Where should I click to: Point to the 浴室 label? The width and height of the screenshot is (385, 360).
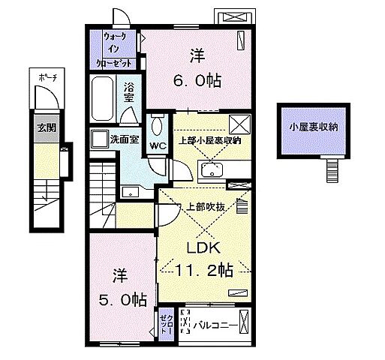coord(129,92)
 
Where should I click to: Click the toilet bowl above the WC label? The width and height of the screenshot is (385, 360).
coord(157,124)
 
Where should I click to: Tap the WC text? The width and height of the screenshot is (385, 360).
coord(158,145)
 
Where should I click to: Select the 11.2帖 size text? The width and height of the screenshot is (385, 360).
coord(205,271)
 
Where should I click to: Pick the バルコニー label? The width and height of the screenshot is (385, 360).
coord(217,325)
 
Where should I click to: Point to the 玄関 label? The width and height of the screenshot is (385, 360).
coord(46,127)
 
